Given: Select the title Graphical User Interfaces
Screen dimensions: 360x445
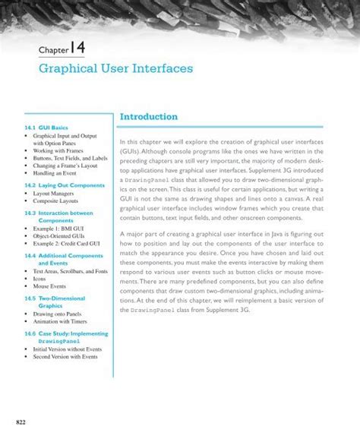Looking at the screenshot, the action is click(x=115, y=68).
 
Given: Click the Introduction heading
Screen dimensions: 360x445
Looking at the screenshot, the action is click(x=149, y=117).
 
